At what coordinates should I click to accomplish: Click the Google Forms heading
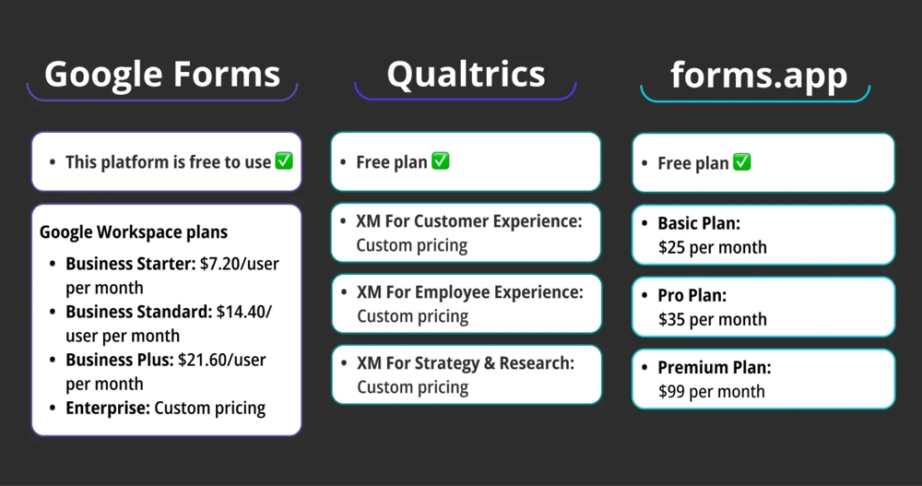click(162, 74)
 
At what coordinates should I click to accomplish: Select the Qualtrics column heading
click(466, 74)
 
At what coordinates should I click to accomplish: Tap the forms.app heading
click(758, 75)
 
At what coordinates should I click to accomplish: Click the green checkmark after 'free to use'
click(284, 161)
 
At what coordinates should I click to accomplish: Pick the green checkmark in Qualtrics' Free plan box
click(441, 161)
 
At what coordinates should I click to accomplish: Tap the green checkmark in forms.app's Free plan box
click(741, 162)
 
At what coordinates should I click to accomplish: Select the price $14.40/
click(244, 312)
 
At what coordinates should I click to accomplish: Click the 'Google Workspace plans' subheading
click(134, 231)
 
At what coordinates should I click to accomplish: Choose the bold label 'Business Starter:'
click(131, 264)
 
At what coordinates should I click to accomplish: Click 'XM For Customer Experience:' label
click(469, 221)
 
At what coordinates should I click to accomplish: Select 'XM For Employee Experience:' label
click(470, 292)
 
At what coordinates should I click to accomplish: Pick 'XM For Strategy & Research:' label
click(466, 363)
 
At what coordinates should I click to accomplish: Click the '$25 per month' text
click(712, 247)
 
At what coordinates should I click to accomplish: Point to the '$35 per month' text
click(712, 319)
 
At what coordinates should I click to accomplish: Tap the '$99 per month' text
click(711, 391)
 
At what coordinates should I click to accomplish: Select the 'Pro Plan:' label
click(692, 296)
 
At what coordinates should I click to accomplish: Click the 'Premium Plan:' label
click(715, 367)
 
